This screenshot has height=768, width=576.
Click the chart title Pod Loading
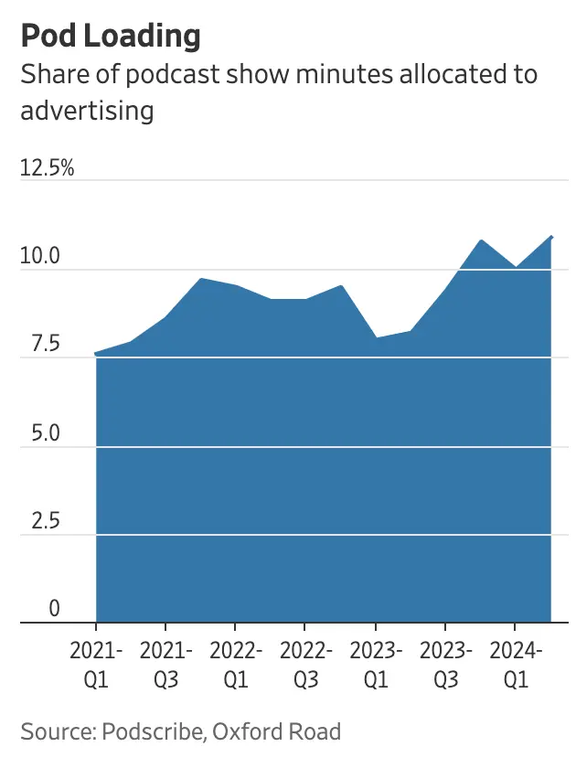tap(110, 37)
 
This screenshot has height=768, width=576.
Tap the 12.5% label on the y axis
tap(47, 168)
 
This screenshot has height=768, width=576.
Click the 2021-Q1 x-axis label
tap(96, 665)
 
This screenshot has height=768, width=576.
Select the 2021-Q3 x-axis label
tap(165, 665)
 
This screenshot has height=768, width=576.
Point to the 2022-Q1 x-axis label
tap(235, 665)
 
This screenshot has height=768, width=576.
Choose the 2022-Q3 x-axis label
tap(305, 665)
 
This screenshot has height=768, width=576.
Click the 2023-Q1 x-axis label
tap(375, 665)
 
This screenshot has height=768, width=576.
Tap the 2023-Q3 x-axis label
tap(445, 665)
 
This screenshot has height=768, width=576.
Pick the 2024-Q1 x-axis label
tap(515, 665)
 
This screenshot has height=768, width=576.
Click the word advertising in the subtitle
tap(87, 111)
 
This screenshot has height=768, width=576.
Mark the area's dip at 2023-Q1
tap(375, 337)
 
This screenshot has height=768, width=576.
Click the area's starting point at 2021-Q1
tap(96, 354)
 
